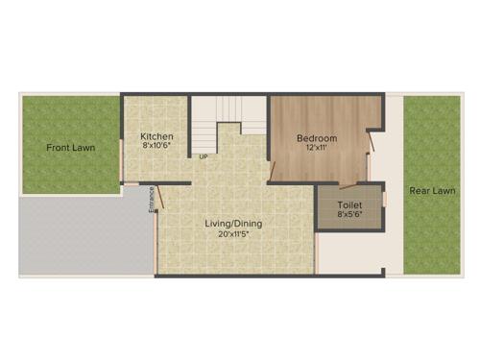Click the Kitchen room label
[156, 136]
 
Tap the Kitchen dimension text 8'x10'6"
[157, 146]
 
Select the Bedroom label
[316, 137]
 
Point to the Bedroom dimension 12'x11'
[316, 148]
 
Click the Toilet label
[349, 205]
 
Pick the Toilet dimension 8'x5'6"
[349, 215]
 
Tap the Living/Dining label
[233, 224]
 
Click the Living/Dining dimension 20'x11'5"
[233, 234]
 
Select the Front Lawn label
[71, 148]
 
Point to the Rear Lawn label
[432, 190]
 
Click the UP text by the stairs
[204, 156]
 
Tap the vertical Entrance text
[151, 200]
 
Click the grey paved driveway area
[82, 234]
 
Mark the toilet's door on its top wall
[359, 181]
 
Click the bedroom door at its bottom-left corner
[274, 172]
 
